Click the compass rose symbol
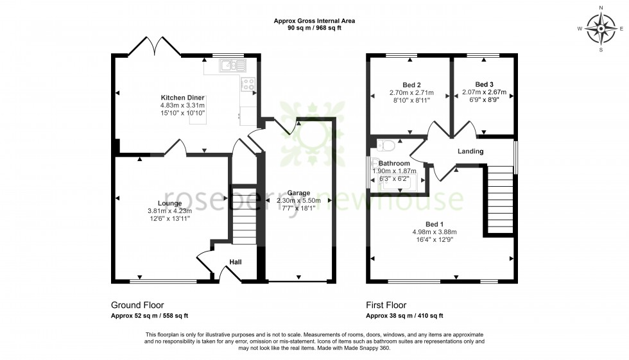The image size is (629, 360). coord(601,28)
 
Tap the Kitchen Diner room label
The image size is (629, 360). coord(182,98)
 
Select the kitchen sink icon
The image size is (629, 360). coord(231,65)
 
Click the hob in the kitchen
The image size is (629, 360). coord(248,83)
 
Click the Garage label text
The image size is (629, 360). coord(298,193)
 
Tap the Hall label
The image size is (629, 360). coord(236,261)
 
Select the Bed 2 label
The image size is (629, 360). coord(411,85)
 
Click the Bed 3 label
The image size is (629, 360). coord(485,84)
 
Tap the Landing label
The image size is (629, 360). coord(470,151)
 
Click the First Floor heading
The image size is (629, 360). coord(386,305)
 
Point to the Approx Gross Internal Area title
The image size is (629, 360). coord(314,21)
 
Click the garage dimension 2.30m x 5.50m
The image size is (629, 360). coord(298,201)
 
